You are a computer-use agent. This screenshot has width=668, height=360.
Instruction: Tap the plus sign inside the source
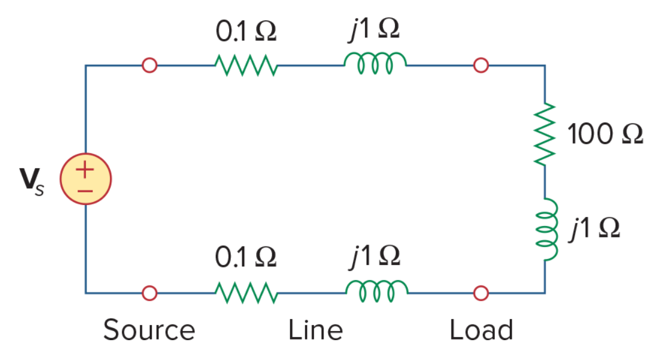(x=85, y=169)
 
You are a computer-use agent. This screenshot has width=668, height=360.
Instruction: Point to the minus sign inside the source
(x=85, y=191)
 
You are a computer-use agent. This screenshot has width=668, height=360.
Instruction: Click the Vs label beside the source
(x=31, y=182)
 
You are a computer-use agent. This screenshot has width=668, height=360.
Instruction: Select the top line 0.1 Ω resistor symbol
(x=247, y=65)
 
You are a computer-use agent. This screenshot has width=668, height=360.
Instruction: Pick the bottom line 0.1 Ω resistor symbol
(x=247, y=293)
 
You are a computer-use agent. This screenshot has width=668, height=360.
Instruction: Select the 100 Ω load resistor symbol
(x=545, y=134)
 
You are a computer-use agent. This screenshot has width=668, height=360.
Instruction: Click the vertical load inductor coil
(x=547, y=229)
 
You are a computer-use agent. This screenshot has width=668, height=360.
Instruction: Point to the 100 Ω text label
(x=605, y=134)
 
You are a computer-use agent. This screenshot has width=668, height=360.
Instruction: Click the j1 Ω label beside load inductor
(x=595, y=228)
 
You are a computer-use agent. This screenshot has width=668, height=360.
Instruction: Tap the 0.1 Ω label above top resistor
(x=246, y=31)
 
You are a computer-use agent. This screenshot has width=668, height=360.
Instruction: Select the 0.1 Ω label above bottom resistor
(x=246, y=257)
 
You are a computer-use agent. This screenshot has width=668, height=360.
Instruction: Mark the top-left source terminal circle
(x=150, y=65)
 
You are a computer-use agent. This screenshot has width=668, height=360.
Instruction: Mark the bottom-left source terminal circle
(x=150, y=293)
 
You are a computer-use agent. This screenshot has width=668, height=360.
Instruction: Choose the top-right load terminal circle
(x=481, y=65)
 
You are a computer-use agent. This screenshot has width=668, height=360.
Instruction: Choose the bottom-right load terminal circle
(x=481, y=293)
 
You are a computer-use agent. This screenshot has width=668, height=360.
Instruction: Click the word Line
(x=316, y=330)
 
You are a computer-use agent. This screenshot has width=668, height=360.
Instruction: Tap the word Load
(x=482, y=330)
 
